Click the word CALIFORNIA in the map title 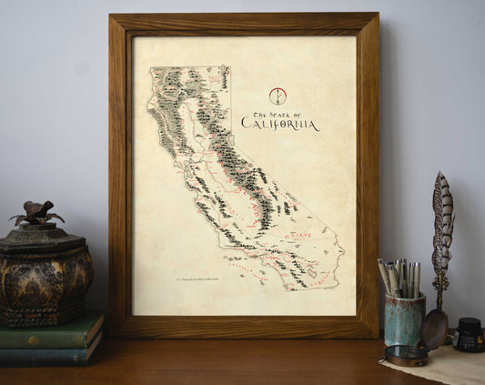[280, 123]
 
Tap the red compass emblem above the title [278, 96]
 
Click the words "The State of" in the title [277, 110]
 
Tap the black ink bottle [469, 334]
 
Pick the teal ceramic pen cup [404, 319]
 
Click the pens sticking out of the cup [399, 277]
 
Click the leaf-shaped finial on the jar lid [36, 213]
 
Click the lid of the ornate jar [41, 235]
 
